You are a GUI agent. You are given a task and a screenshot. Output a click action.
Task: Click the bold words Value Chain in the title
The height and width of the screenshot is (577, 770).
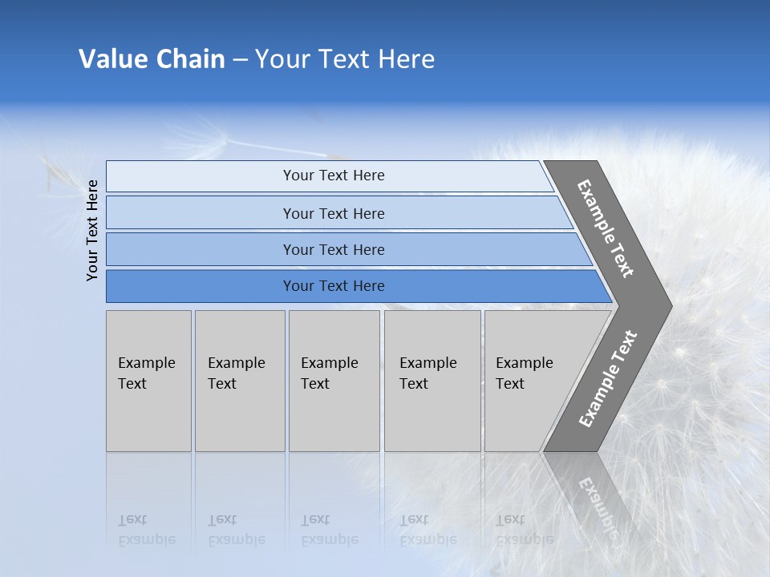click(152, 59)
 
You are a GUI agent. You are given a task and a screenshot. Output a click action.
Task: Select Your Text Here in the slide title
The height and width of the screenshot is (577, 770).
click(345, 59)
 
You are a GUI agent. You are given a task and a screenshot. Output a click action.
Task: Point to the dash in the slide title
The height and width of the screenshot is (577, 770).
click(240, 60)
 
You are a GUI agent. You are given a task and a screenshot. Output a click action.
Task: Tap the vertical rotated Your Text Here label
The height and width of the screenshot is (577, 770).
click(92, 231)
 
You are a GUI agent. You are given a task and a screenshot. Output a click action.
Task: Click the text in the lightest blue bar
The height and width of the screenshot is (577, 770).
click(334, 176)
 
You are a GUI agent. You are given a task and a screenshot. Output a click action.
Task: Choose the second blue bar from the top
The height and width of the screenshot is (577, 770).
click(334, 213)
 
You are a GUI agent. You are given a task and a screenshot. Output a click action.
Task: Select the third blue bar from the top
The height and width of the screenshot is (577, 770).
click(334, 249)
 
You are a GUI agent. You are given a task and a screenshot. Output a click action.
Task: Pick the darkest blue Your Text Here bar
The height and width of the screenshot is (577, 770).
click(334, 286)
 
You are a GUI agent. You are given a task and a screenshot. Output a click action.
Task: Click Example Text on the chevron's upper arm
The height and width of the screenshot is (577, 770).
click(606, 228)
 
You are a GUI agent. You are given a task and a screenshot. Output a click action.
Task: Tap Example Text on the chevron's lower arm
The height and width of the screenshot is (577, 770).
click(608, 379)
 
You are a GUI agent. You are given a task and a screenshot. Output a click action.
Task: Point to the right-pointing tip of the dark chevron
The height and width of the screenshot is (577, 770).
click(670, 305)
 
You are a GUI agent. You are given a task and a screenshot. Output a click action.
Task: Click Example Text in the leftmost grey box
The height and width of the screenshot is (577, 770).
click(147, 373)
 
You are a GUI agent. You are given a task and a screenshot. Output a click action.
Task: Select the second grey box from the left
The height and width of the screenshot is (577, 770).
click(239, 381)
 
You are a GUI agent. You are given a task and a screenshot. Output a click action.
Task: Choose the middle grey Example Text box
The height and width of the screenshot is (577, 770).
click(334, 381)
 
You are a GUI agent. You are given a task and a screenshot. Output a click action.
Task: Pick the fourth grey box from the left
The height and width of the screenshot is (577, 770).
click(432, 381)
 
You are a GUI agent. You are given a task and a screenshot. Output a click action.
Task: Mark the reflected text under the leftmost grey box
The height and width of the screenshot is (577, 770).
click(146, 530)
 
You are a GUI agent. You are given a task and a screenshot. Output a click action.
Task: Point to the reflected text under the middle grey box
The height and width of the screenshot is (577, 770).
click(329, 530)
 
